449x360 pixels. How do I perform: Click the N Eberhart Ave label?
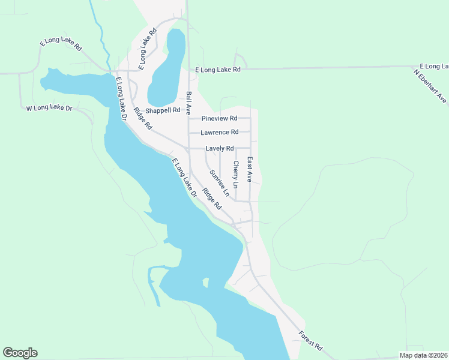(431, 86)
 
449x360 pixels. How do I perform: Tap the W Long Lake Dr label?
(49, 109)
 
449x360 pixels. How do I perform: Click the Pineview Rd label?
(220, 118)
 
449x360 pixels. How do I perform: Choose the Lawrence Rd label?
(220, 132)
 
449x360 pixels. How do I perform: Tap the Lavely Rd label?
(219, 148)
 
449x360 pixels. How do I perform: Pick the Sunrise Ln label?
(219, 183)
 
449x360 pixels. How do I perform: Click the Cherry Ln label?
(235, 175)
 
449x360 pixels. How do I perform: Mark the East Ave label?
(250, 170)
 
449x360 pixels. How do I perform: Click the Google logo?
(20, 353)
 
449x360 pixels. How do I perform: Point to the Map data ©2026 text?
(423, 355)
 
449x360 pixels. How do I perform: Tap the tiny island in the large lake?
(205, 282)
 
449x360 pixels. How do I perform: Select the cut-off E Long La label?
(434, 65)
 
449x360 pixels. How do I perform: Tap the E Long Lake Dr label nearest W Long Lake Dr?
(121, 100)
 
